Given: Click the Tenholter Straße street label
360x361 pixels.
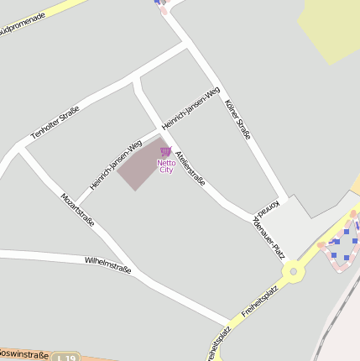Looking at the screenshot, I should (55, 123).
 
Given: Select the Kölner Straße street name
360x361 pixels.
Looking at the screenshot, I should (238, 119).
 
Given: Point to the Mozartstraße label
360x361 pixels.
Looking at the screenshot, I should (77, 210).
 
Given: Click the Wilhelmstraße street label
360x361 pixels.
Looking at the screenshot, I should (107, 266).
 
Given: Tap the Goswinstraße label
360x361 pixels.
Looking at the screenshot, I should (23, 354).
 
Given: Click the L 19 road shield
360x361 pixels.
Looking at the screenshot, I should (63, 358).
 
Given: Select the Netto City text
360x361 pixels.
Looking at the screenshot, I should (165, 166).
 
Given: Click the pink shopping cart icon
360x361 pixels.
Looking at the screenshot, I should (165, 151).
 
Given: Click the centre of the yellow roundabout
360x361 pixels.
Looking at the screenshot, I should (293, 271).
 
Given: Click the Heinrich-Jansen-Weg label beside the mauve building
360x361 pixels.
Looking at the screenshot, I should (116, 164).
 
